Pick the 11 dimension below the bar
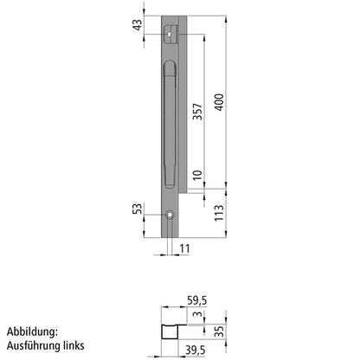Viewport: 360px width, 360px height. click(x=184, y=250)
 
